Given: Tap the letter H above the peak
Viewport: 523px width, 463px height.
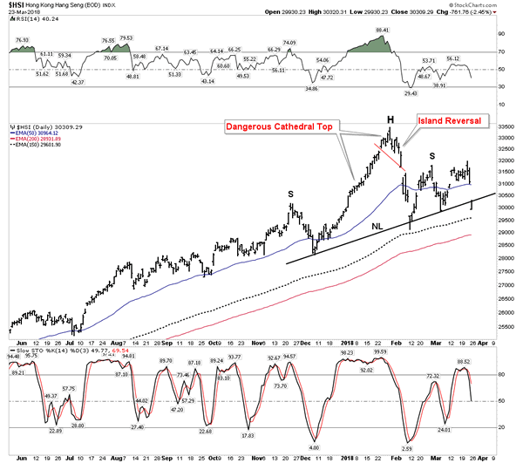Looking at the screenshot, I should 391,119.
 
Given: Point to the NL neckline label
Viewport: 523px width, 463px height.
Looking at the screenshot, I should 377,226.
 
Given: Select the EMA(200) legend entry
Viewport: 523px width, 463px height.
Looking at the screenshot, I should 34,140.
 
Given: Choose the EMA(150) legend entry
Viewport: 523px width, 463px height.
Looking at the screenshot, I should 34,146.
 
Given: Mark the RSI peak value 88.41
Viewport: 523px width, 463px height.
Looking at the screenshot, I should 382,31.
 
